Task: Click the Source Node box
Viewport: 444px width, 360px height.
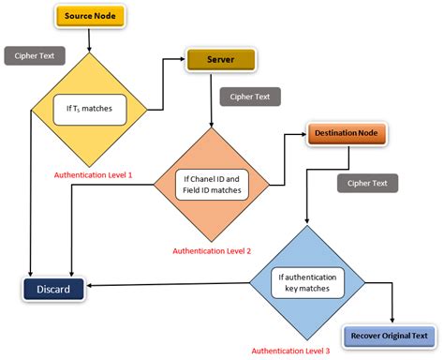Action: (x=90, y=17)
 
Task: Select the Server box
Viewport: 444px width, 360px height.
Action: (x=220, y=60)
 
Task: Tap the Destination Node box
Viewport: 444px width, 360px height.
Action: (x=348, y=134)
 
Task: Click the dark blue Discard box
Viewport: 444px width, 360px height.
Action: (x=55, y=288)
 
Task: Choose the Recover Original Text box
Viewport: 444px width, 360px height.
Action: (x=389, y=335)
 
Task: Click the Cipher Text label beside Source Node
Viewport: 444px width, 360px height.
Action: (x=34, y=55)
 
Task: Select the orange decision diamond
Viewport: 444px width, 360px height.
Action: (x=211, y=184)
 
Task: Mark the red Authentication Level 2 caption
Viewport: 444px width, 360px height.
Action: (x=211, y=250)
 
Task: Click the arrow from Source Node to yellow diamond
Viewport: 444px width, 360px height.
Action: (x=90, y=39)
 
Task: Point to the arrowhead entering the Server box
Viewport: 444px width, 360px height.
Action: (x=182, y=60)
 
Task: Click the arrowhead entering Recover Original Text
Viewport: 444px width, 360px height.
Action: (x=389, y=322)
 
